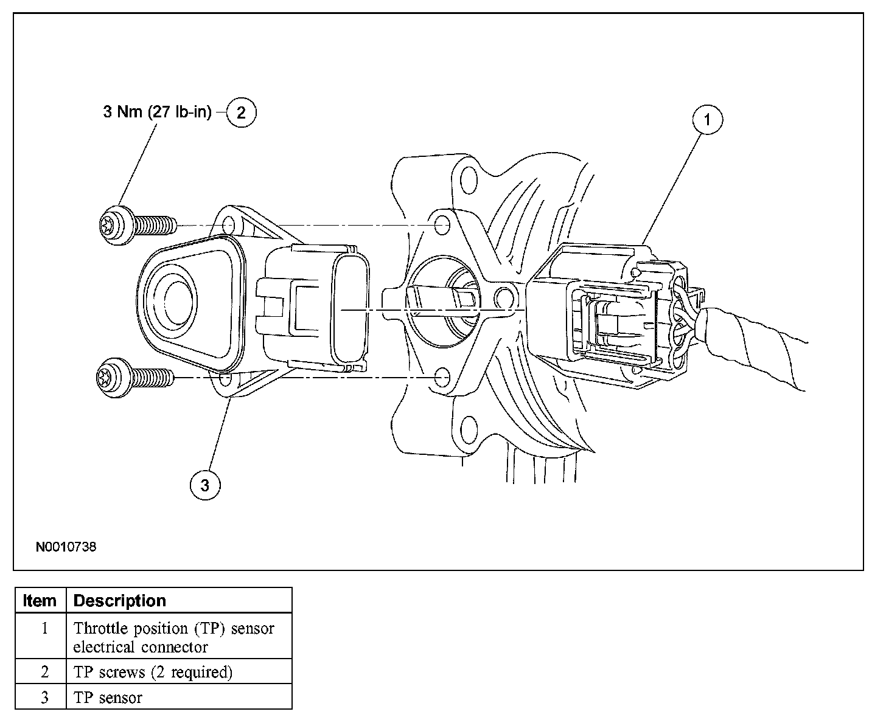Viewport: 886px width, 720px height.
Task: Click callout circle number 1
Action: tap(706, 120)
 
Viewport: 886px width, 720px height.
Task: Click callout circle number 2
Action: tap(242, 112)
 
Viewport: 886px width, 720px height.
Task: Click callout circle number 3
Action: tap(205, 485)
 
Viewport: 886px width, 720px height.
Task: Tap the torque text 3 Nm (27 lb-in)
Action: tap(157, 112)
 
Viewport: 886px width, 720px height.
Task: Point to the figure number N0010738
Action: tap(66, 547)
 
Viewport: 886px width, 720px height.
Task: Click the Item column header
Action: tap(40, 601)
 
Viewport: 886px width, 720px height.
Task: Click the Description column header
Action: tap(119, 601)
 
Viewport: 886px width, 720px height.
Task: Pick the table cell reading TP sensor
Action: tap(108, 697)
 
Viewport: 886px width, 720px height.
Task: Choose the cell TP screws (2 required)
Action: tap(153, 672)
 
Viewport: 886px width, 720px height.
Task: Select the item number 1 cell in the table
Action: tap(44, 628)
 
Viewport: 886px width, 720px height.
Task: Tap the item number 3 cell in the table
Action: tap(44, 697)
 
